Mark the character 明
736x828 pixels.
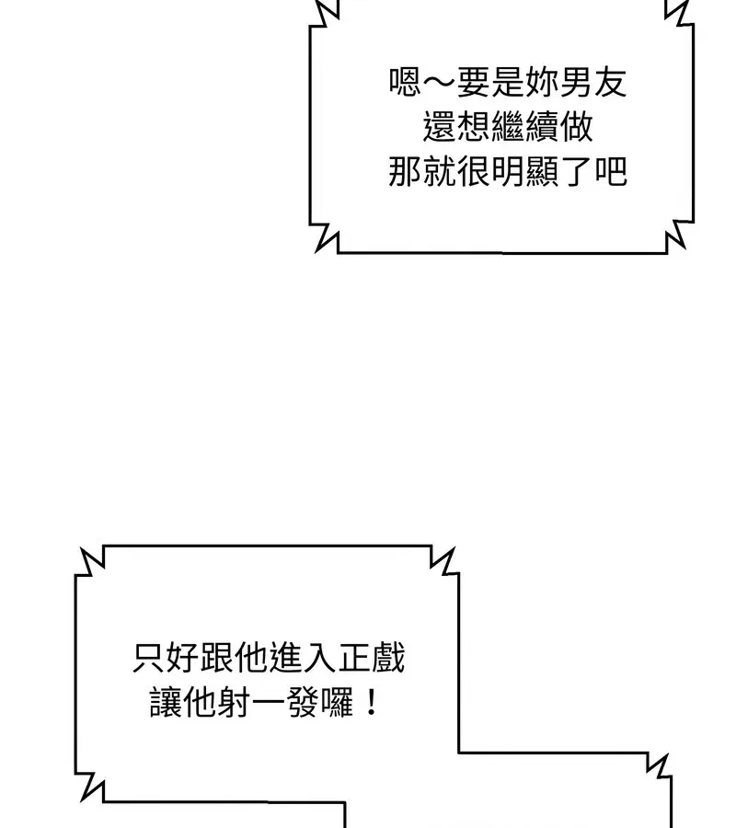(x=508, y=171)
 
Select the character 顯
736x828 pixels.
(x=542, y=171)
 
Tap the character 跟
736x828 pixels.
(x=218, y=659)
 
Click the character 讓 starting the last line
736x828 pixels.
(x=166, y=705)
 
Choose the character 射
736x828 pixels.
(x=235, y=705)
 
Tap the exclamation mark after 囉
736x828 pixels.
(x=369, y=705)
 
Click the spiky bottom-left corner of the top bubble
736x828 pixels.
(x=324, y=237)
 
